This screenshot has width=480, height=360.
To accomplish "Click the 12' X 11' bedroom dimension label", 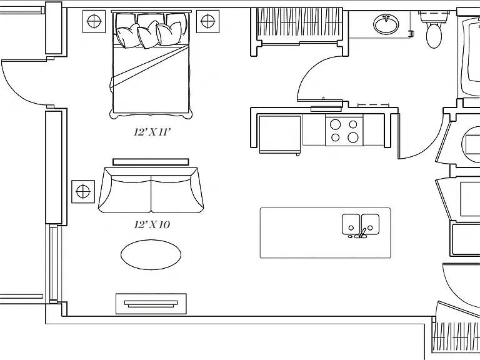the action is (152, 132).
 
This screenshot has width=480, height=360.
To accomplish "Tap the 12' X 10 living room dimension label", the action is (152, 225).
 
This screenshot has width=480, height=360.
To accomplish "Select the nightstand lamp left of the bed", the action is (94, 21).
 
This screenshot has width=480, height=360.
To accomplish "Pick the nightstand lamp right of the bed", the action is (207, 21).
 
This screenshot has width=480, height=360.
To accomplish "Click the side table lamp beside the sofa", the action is (83, 192).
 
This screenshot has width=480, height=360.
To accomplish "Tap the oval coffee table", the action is (151, 255).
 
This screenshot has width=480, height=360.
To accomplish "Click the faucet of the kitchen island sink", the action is (361, 233).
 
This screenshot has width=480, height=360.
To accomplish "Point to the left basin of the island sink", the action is (351, 224).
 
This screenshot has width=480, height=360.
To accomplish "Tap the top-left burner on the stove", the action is (335, 124).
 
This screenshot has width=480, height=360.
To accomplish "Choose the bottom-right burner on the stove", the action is (353, 137).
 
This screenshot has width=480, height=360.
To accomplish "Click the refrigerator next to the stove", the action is (280, 134).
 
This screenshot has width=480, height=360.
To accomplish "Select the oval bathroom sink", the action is (386, 24).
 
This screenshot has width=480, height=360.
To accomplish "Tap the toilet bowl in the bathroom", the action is (434, 36).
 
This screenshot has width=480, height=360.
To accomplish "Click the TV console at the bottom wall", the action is (151, 304).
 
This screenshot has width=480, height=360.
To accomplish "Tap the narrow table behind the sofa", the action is (151, 162).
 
